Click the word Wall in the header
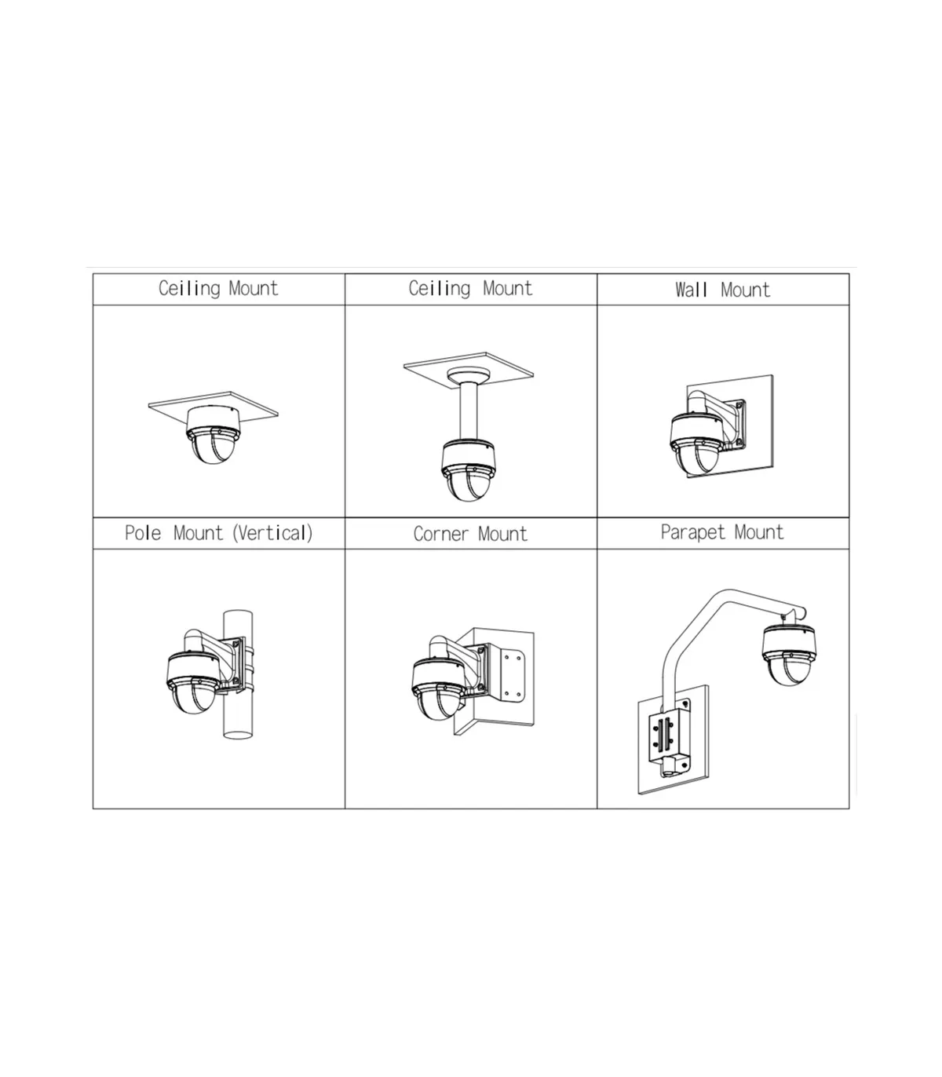pyautogui.click(x=691, y=290)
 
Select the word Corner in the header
pyautogui.click(x=440, y=534)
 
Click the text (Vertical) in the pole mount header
pyautogui.click(x=272, y=533)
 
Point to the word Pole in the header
pyautogui.click(x=143, y=533)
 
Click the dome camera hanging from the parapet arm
pyautogui.click(x=789, y=655)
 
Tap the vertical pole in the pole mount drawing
pyautogui.click(x=238, y=674)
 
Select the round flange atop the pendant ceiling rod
pyautogui.click(x=469, y=375)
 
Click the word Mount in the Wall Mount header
pyautogui.click(x=745, y=290)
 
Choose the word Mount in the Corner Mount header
pyautogui.click(x=502, y=534)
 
